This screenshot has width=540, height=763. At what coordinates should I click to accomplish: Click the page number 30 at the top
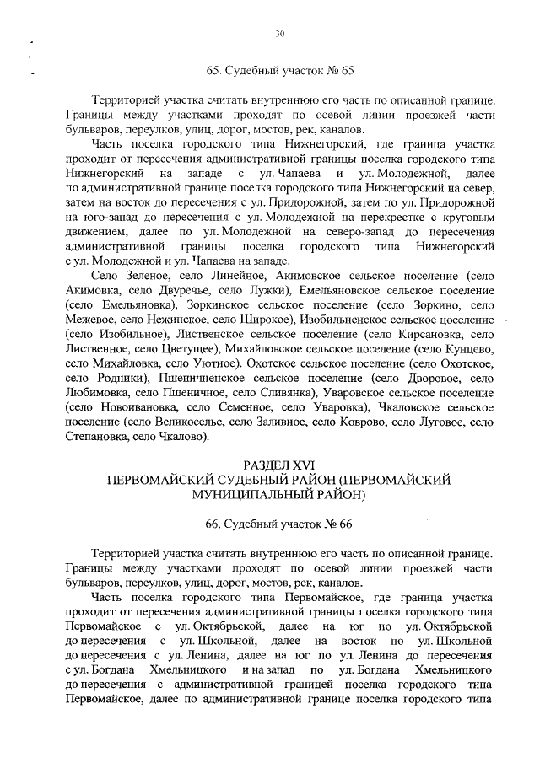(x=280, y=34)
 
